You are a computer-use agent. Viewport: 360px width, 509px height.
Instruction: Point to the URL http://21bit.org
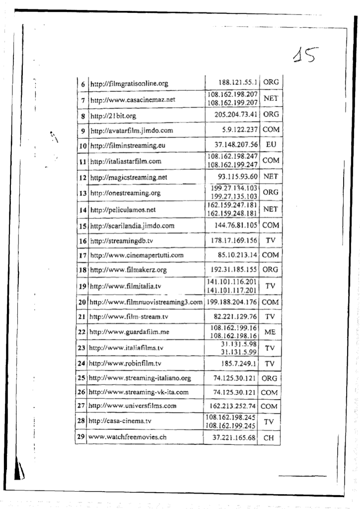pos(113,115)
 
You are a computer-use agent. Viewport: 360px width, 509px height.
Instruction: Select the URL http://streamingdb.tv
pos(121,241)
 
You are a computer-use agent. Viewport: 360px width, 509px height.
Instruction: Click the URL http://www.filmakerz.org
pos(128,270)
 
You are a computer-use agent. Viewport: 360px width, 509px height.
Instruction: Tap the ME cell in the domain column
pos(270,332)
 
